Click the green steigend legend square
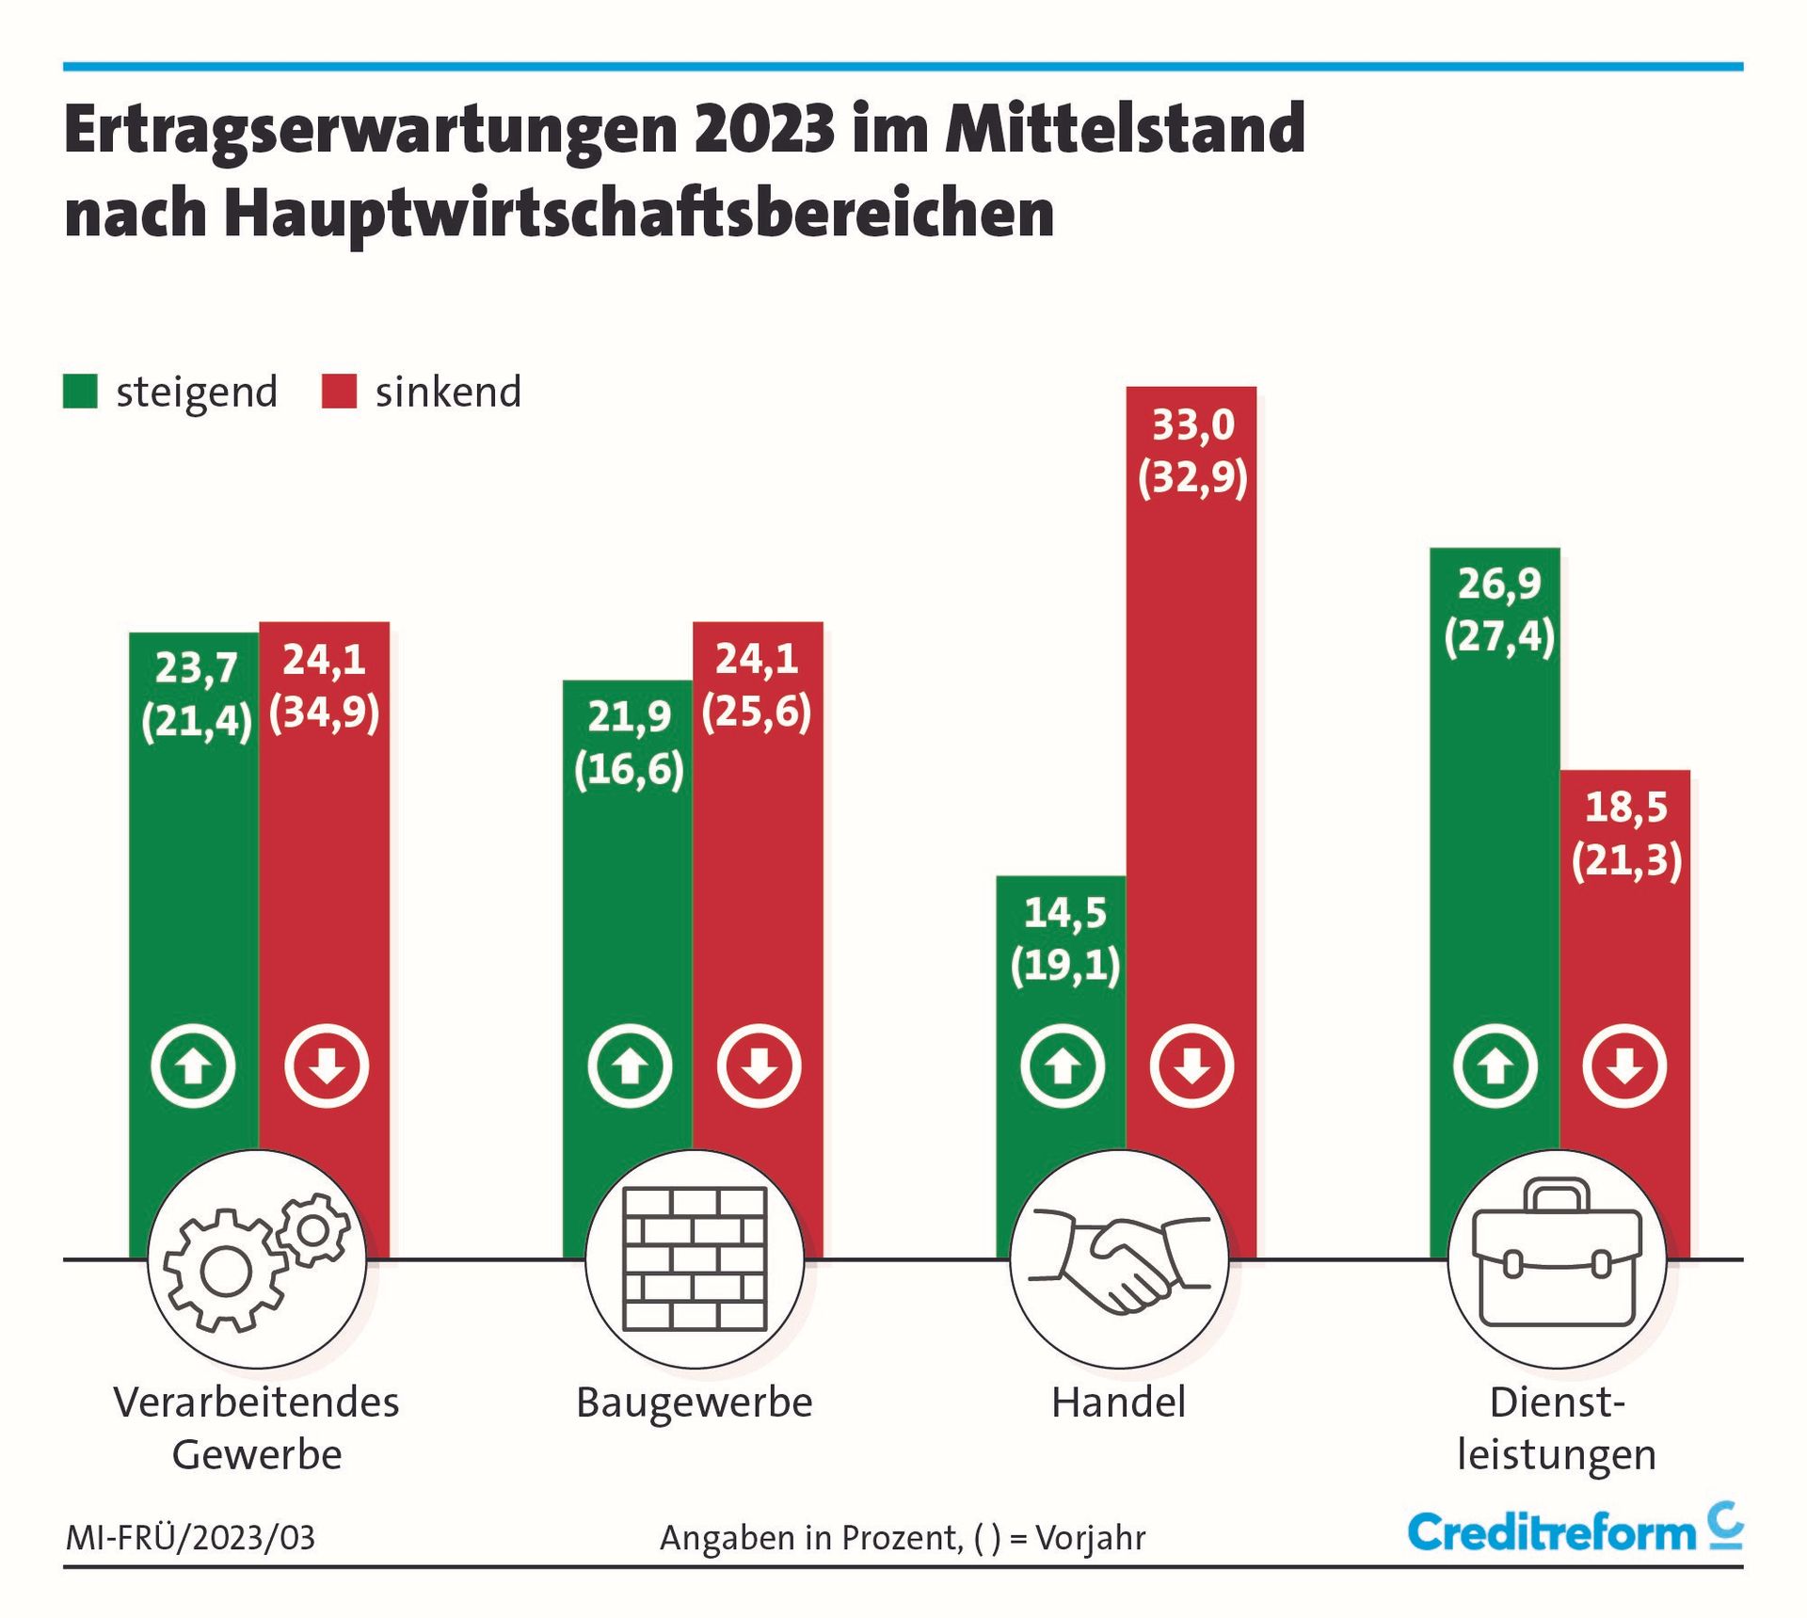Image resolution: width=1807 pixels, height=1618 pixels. [x=80, y=392]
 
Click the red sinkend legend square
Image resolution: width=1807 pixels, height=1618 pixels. [x=339, y=392]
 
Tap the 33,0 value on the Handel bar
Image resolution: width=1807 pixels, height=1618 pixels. [x=1192, y=425]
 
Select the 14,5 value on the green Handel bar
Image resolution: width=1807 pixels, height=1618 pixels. [x=1064, y=913]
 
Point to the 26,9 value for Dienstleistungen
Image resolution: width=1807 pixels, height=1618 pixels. [x=1499, y=585]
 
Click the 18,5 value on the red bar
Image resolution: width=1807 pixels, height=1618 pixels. [x=1625, y=808]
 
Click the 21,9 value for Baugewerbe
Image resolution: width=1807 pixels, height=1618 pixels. [x=629, y=717]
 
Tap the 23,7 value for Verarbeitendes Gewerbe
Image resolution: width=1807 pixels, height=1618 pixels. [x=196, y=668]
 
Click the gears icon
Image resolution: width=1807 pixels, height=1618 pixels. [x=257, y=1258]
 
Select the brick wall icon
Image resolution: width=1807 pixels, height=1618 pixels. [x=695, y=1258]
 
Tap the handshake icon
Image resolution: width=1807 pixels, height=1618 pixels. [x=1119, y=1258]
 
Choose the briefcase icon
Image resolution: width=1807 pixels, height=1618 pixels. [x=1557, y=1258]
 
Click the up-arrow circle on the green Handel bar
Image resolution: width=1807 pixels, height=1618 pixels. [x=1063, y=1066]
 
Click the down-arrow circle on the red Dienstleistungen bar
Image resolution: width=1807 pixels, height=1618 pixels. [x=1624, y=1066]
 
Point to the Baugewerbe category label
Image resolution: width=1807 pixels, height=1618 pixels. [x=695, y=1402]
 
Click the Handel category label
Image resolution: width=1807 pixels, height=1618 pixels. [x=1118, y=1402]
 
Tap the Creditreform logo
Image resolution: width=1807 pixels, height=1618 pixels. [x=1575, y=1531]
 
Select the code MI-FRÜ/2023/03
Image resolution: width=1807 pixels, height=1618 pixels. [x=191, y=1538]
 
